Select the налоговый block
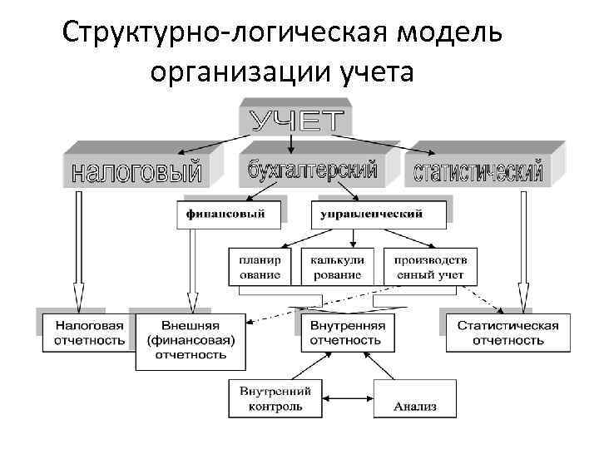(136, 172)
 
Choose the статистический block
(478, 172)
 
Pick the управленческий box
(371, 215)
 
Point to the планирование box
(260, 266)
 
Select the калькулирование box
(337, 266)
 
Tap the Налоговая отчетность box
(89, 333)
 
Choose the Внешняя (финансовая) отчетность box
(191, 340)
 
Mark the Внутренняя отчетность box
(345, 333)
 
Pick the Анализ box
(415, 406)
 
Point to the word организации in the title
(241, 73)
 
